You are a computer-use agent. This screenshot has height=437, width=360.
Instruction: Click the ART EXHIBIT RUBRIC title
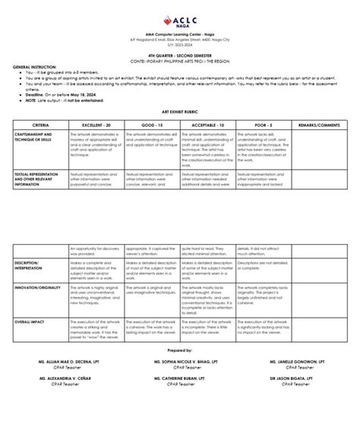pyautogui.click(x=179, y=110)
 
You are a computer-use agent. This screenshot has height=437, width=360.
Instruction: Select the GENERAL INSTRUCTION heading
pyautogui.click(x=33, y=67)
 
